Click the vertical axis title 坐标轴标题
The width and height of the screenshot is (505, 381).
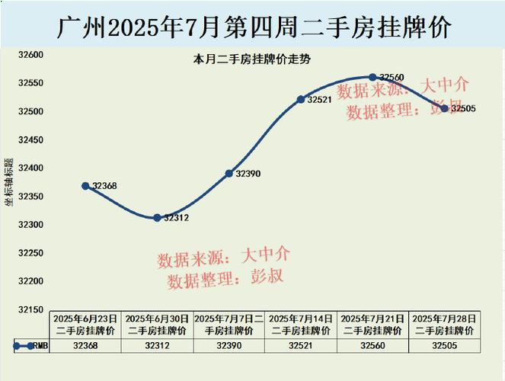(x=8, y=182)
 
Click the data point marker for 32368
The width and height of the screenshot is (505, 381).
(x=86, y=186)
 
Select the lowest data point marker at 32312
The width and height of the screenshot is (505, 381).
(x=157, y=218)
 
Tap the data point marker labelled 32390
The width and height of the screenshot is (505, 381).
(x=229, y=174)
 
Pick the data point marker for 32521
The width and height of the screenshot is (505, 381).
(x=301, y=100)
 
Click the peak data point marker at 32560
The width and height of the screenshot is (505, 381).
(x=372, y=77)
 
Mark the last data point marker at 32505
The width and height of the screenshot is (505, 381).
(x=445, y=108)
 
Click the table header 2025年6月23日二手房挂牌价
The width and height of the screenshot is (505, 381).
(x=86, y=325)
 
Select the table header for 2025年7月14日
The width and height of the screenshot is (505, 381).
(x=301, y=325)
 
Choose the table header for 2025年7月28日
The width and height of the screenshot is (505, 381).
(x=444, y=325)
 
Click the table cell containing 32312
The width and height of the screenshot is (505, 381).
(x=157, y=346)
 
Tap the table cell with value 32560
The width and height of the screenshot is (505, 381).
(x=372, y=346)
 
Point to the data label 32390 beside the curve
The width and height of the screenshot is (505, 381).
(x=248, y=174)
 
